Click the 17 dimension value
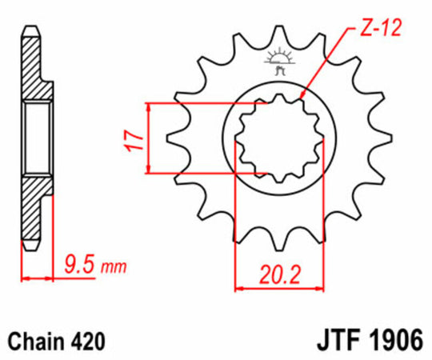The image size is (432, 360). [136, 138]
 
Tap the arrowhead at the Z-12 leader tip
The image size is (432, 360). [302, 100]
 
